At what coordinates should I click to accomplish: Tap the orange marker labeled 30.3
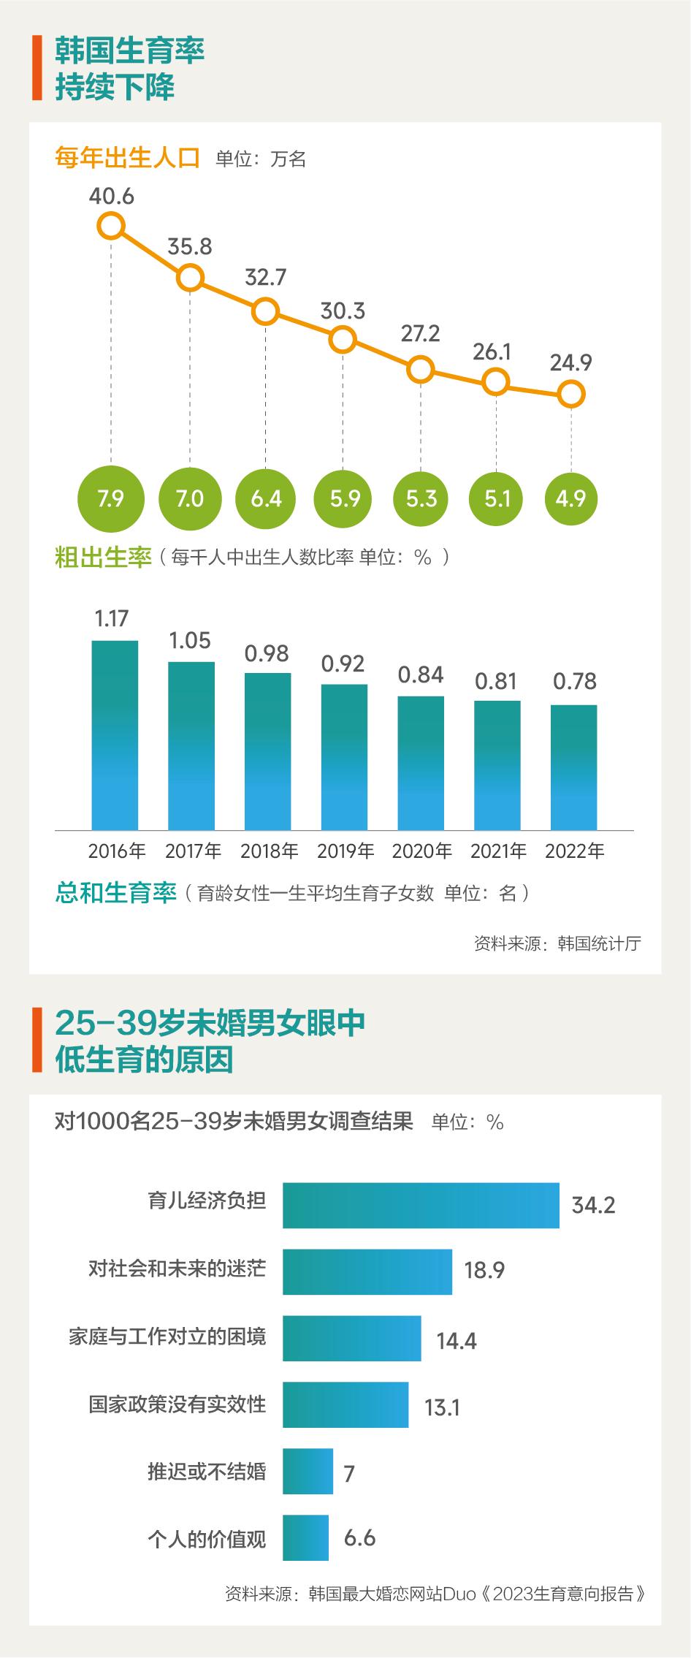[343, 340]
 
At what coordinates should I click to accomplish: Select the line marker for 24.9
[571, 395]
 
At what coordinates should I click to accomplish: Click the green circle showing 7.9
[111, 498]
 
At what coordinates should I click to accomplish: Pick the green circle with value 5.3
[421, 498]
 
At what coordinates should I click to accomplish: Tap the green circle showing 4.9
[571, 498]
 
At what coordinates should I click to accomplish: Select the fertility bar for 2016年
[115, 735]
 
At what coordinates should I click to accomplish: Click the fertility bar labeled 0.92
[344, 757]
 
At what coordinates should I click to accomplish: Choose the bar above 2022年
[574, 767]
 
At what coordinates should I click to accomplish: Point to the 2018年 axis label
[270, 851]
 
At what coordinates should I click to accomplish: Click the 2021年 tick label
[498, 851]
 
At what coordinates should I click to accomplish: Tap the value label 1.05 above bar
[190, 641]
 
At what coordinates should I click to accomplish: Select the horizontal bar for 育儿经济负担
[421, 1205]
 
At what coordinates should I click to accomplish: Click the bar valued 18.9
[367, 1271]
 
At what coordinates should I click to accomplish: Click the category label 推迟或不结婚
[207, 1471]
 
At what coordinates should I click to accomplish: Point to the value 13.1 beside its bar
[443, 1407]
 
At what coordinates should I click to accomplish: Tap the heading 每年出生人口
[128, 158]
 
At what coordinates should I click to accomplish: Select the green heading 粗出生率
[103, 558]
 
